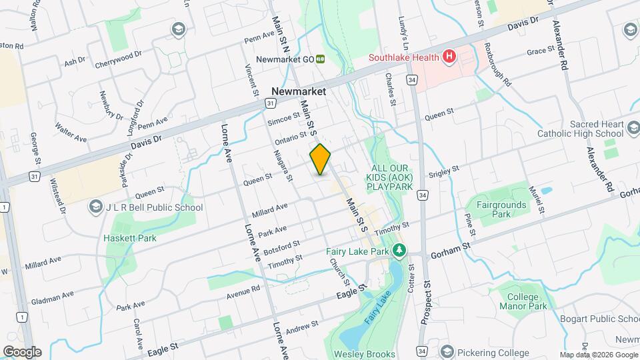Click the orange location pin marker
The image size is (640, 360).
pyautogui.click(x=320, y=159)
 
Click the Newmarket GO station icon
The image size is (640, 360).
pyautogui.click(x=320, y=59)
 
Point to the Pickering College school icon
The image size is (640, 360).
pyautogui.click(x=446, y=351)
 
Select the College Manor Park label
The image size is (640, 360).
pyautogui.click(x=527, y=301)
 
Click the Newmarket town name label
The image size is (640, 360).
pyautogui.click(x=299, y=91)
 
